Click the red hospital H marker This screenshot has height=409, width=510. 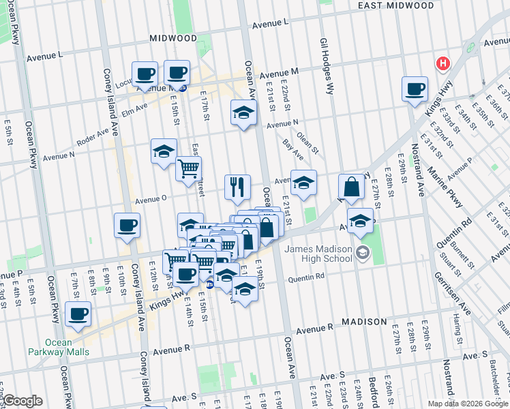point(443,64)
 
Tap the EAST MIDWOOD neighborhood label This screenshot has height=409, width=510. point(395,5)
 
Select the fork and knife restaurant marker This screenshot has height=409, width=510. point(237,186)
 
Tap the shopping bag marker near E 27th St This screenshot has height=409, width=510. point(351,186)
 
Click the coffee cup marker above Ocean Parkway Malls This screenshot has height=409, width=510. point(78,314)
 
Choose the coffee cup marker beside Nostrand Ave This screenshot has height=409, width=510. point(415,88)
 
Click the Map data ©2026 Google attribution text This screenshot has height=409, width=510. point(467,403)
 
